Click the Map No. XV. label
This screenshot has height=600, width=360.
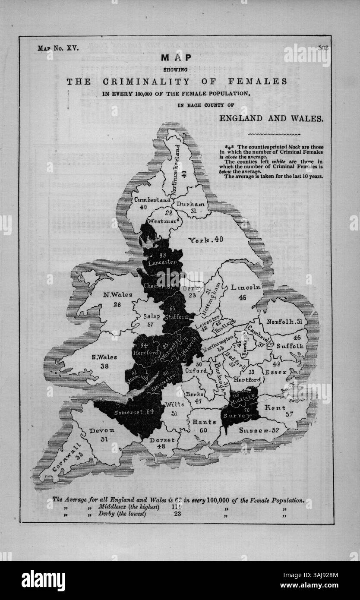[x=58, y=48]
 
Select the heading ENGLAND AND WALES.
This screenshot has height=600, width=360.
[x=271, y=118]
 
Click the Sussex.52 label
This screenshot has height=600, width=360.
[x=258, y=430]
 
